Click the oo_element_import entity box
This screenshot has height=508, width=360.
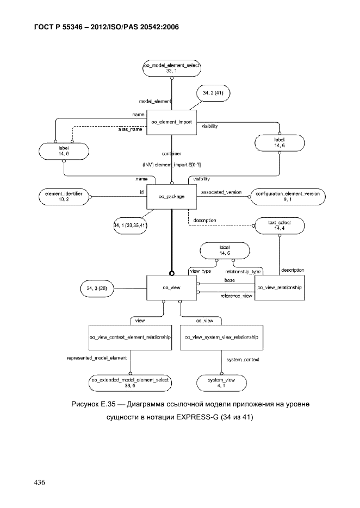tap(171, 122)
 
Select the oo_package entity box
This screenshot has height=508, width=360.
tap(171, 197)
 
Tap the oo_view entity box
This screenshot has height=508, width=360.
tap(171, 288)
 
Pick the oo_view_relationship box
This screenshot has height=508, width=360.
tap(280, 288)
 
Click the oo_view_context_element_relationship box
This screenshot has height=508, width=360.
tap(130, 337)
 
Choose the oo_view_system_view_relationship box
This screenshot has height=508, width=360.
tap(221, 337)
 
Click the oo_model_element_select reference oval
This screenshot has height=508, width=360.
tap(171, 68)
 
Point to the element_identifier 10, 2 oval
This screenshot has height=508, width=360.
tap(64, 197)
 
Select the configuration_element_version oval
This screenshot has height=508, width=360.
tap(288, 197)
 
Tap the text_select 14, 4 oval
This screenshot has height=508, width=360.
tap(280, 225)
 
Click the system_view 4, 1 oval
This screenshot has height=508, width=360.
tap(221, 383)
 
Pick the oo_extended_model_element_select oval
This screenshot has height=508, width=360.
tap(130, 383)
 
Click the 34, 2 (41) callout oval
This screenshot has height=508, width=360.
tap(213, 93)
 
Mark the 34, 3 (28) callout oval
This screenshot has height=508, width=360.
tap(97, 288)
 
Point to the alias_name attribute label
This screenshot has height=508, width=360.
tap(130, 129)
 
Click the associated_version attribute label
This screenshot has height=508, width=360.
tap(221, 192)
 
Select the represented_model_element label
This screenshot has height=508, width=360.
tap(97, 358)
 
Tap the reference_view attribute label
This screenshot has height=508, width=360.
tap(236, 296)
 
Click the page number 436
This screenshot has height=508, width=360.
tap(40, 482)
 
